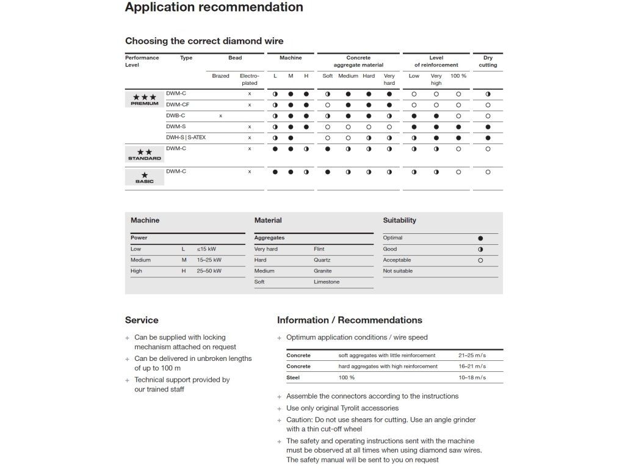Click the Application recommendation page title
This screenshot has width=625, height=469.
tap(214, 7)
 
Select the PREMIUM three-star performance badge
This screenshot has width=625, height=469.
tap(145, 99)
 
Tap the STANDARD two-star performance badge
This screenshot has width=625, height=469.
tap(145, 154)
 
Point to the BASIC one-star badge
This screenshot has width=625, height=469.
tap(145, 177)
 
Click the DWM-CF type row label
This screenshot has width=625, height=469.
tap(178, 105)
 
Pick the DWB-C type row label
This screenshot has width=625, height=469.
tap(176, 116)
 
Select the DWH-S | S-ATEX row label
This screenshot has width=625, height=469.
tap(186, 138)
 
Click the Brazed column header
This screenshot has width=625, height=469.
tap(220, 76)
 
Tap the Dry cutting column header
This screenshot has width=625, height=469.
tap(488, 62)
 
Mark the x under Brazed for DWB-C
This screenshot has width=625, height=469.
tap(220, 116)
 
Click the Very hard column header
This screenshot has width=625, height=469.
tap(389, 79)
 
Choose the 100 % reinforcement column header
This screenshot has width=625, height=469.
tap(458, 76)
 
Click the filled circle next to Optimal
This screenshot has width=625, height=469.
tap(480, 238)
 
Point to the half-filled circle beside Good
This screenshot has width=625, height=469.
tap(480, 249)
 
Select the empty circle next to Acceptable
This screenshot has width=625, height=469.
tap(480, 260)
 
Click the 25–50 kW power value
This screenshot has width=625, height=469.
tap(209, 271)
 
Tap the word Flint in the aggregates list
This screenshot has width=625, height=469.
tap(319, 249)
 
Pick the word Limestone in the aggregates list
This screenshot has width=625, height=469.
tap(327, 282)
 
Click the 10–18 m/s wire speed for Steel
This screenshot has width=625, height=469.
tap(472, 377)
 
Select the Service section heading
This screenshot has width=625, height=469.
tap(142, 320)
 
